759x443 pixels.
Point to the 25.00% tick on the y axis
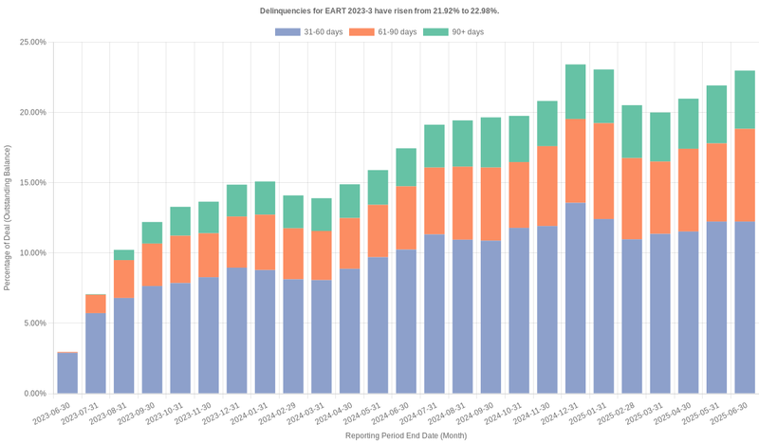click(32, 43)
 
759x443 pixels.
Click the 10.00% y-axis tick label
click(32, 253)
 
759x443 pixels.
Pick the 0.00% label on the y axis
click(34, 394)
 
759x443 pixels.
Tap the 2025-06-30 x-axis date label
click(731, 414)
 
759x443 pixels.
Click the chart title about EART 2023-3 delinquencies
click(379, 10)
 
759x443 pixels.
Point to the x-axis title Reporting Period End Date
click(405, 435)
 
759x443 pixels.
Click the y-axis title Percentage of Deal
click(8, 217)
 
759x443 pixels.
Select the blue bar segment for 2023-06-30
click(67, 373)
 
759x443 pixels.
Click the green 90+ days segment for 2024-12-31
click(575, 92)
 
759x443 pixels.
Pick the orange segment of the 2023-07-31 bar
click(96, 304)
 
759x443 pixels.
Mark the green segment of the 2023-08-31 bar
click(123, 255)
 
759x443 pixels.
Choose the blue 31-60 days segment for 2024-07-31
click(434, 314)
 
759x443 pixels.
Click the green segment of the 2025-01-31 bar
click(603, 97)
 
